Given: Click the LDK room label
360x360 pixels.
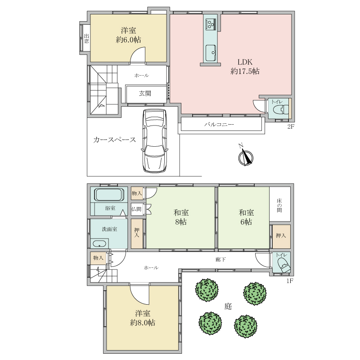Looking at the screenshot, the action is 245,67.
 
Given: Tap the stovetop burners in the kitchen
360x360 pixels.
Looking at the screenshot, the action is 211,24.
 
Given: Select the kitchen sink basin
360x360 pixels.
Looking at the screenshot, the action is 211,53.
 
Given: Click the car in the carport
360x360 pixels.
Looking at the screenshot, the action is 154,141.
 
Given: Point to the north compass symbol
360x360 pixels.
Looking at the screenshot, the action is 245,156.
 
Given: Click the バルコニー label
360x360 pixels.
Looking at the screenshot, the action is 219,125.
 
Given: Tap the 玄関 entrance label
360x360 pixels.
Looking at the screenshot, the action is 145,94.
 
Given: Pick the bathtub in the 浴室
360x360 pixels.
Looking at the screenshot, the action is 109,195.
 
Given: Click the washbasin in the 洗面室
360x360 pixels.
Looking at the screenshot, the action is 99,243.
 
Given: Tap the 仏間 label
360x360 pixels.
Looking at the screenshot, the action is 136,209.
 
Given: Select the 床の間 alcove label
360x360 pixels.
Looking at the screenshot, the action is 279,205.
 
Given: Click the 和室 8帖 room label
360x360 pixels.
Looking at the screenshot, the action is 181,217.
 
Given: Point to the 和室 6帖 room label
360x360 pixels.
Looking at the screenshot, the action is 246,217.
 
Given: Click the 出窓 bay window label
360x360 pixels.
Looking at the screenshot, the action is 86,38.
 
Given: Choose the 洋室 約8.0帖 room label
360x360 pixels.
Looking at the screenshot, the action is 143,318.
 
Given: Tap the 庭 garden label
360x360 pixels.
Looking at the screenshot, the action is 228,306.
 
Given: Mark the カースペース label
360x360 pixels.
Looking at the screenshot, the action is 114,140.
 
